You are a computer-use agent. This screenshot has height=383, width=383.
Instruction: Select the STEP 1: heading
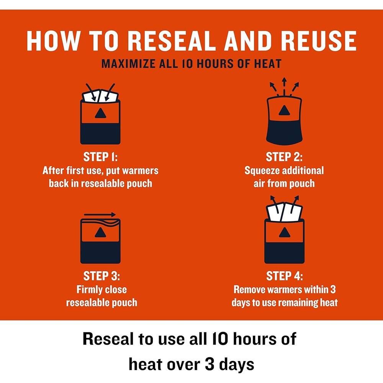coord(100,157)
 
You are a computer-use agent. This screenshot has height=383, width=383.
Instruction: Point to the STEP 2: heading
coord(284,157)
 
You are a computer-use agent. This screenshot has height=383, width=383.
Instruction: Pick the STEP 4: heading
coord(284,277)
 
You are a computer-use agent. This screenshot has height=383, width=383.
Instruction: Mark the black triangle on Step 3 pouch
coord(100,232)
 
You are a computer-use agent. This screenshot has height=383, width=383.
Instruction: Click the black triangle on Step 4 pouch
coord(284,232)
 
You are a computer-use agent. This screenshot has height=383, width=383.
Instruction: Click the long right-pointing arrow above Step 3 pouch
coord(100,214)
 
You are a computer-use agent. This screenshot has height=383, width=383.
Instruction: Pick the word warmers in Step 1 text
coord(141,170)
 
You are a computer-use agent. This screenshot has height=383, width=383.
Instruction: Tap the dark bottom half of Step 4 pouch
coord(284,253)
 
